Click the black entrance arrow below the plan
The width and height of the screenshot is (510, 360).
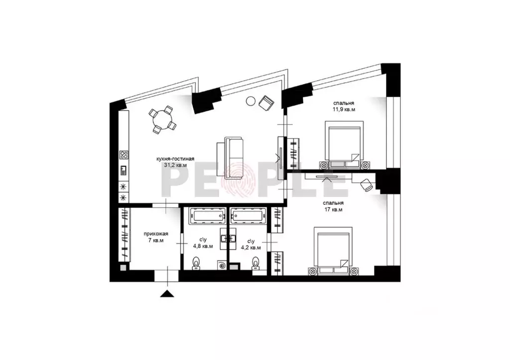click(x=167, y=293)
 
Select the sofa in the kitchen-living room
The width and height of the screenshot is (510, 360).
click(x=230, y=158)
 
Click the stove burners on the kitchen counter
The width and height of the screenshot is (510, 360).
click(x=124, y=155)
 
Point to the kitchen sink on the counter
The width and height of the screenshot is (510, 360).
click(x=124, y=170)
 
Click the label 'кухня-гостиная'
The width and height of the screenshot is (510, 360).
click(x=175, y=159)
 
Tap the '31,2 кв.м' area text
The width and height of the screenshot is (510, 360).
click(x=175, y=165)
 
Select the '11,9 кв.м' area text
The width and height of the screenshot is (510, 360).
click(x=344, y=110)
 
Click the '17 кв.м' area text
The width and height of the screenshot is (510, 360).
click(x=334, y=210)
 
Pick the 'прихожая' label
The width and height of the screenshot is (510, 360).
click(x=156, y=234)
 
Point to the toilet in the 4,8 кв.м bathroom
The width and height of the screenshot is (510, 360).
click(x=196, y=263)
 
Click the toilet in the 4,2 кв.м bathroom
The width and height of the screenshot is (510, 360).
click(x=256, y=263)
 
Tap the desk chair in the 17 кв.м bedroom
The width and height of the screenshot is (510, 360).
click(x=367, y=184)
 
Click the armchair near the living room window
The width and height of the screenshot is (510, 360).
click(x=266, y=103)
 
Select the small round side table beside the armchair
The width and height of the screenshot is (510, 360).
click(x=251, y=102)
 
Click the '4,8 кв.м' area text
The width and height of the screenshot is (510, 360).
click(x=203, y=246)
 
